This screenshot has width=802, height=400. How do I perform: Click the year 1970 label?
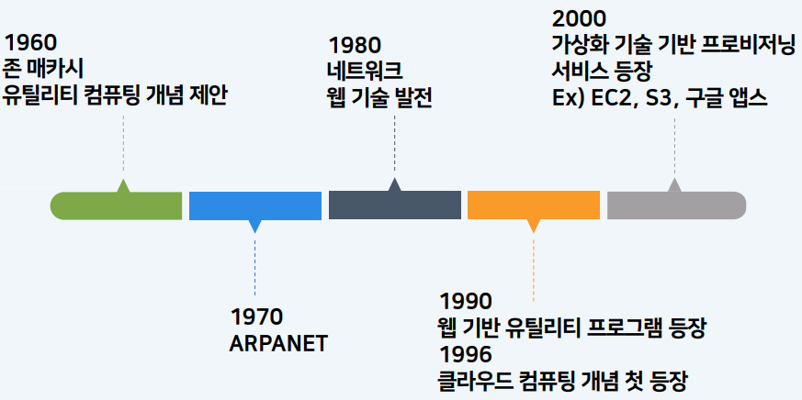tap(256, 317)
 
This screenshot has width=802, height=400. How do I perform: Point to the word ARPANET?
tap(278, 344)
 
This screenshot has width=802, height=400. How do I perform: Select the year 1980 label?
tap(355, 46)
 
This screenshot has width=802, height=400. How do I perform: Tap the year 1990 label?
tap(466, 302)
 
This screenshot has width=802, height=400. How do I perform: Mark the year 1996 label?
tap(466, 354)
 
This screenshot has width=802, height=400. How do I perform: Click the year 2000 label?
tap(579, 19)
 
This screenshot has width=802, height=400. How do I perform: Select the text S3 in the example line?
tap(657, 98)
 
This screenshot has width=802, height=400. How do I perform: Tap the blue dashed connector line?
tap(254, 264)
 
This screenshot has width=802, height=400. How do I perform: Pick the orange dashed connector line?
tap(534, 267)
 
